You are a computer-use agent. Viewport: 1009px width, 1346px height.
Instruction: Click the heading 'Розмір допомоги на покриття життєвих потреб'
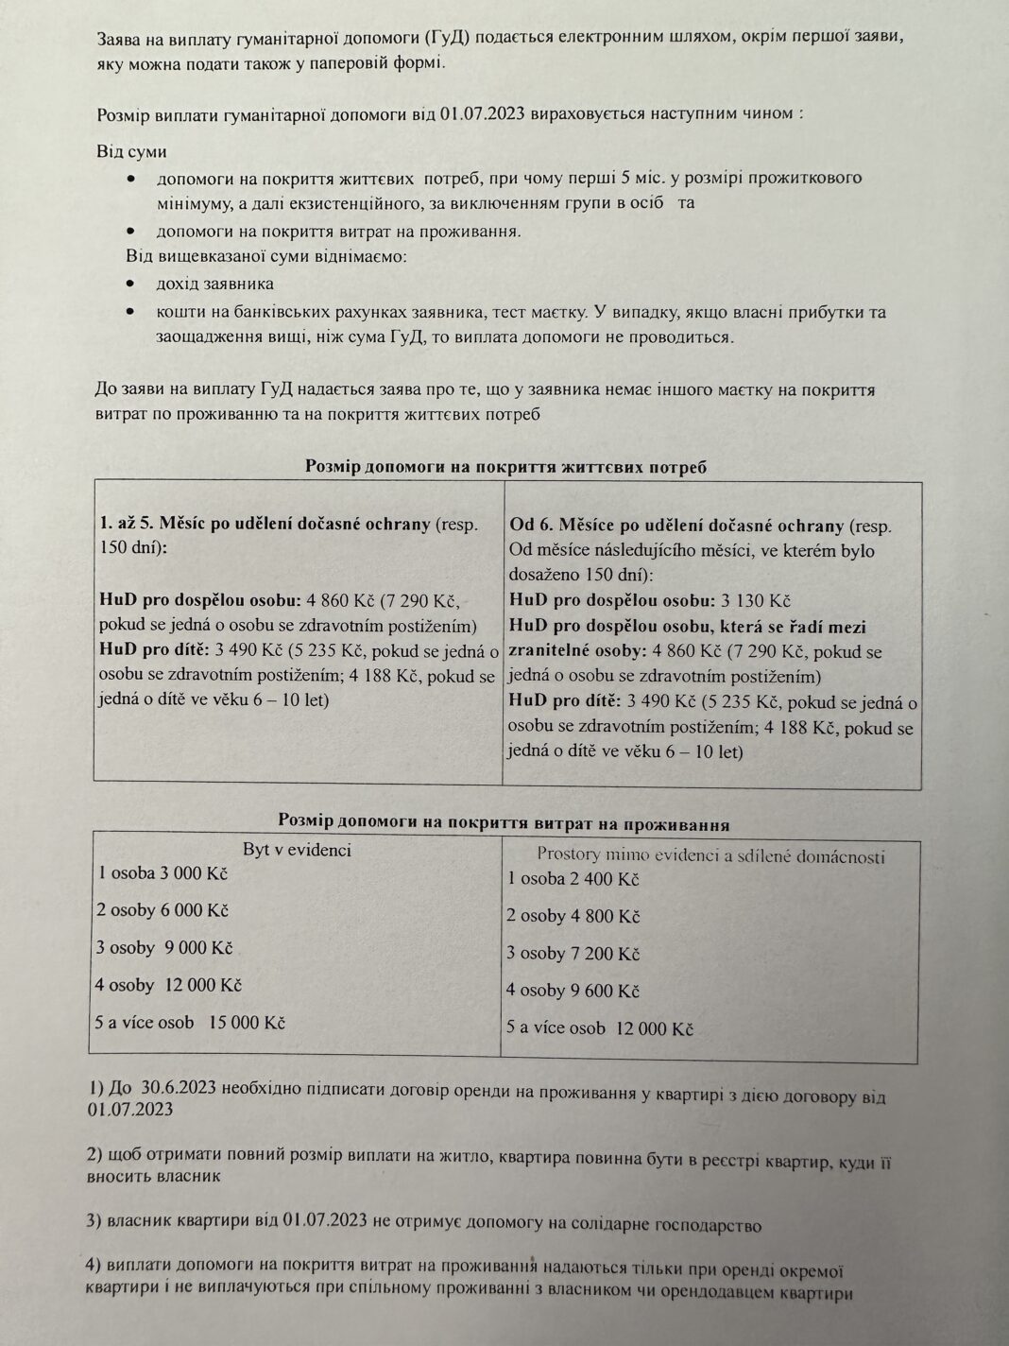click(505, 466)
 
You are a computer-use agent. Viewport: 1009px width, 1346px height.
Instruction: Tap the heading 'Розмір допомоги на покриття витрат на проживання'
click(504, 822)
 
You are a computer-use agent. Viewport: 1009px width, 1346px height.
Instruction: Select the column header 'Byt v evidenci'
click(297, 850)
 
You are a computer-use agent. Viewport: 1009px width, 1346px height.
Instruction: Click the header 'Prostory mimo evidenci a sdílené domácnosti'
click(710, 856)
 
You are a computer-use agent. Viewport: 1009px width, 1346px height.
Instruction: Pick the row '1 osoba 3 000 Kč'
click(163, 872)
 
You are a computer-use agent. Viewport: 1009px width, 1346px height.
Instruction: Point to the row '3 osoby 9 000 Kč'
click(165, 948)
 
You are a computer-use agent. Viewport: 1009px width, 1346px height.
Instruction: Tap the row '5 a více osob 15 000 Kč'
click(192, 1022)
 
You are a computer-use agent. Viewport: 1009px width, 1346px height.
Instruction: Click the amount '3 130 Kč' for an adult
click(755, 601)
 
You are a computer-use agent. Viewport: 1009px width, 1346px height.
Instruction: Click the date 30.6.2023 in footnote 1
click(179, 1088)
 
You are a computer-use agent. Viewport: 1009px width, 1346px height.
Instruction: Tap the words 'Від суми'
click(131, 152)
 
